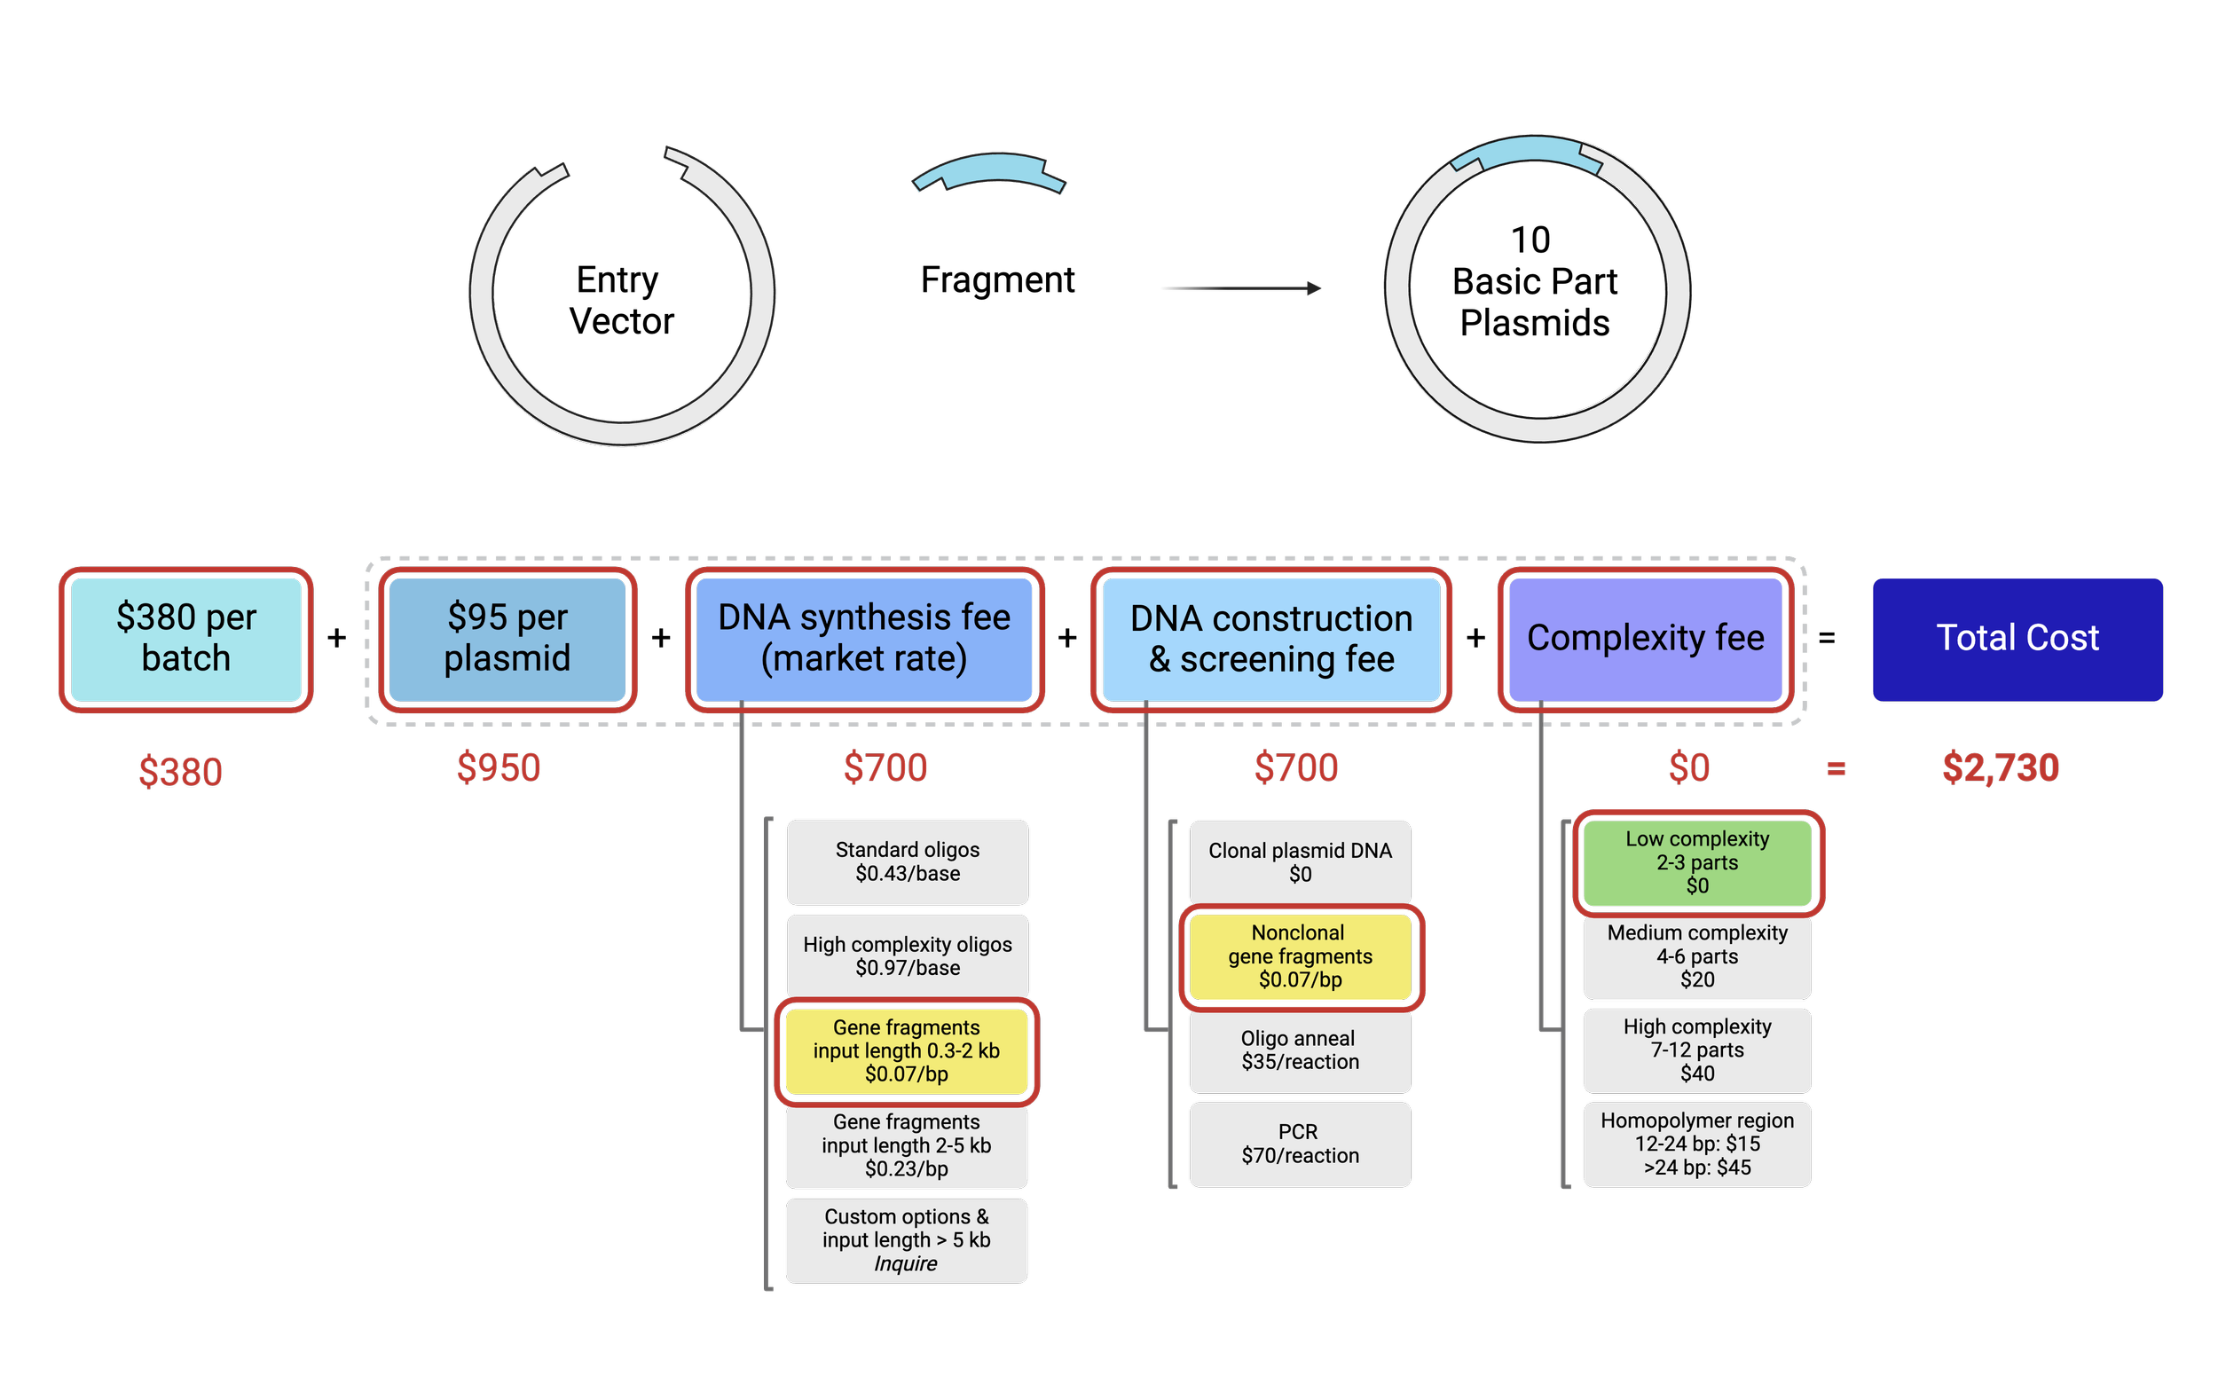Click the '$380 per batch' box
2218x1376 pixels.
pos(185,639)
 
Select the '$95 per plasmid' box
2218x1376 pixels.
pos(507,639)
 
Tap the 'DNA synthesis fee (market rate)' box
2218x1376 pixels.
pos(864,639)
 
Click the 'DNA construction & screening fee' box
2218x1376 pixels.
pos(1270,639)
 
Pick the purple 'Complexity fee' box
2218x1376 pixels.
pos(1645,639)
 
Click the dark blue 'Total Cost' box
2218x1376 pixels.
pos(2017,639)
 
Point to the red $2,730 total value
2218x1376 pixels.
pos(2000,767)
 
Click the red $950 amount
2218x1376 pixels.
pos(499,767)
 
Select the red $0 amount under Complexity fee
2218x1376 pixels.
pos(1688,767)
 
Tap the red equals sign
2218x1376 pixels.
pos(1836,769)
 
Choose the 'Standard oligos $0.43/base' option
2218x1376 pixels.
pos(908,861)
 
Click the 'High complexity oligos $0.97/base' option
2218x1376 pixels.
pos(908,955)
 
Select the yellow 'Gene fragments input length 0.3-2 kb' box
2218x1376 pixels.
pos(907,1050)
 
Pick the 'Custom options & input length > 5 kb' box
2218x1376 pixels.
pos(907,1239)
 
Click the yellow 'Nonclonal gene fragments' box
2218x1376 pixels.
pos(1300,956)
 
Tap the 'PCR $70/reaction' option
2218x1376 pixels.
pos(1300,1144)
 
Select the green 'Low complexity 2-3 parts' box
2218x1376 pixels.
pos(1696,861)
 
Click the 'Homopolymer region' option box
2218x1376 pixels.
pos(1696,1144)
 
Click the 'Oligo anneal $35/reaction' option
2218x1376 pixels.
pos(1300,1050)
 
